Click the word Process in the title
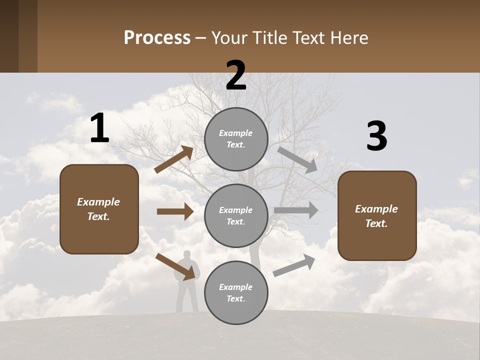(157, 38)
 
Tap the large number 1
(99, 128)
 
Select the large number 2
(236, 75)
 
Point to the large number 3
(376, 136)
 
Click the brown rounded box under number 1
(99, 209)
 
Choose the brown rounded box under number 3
(377, 215)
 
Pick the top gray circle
(236, 139)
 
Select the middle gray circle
(236, 215)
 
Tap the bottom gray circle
(236, 292)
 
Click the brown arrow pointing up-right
(174, 159)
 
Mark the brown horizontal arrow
(175, 211)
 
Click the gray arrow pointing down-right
(297, 159)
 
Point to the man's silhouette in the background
(187, 280)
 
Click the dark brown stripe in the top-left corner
(9, 36)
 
